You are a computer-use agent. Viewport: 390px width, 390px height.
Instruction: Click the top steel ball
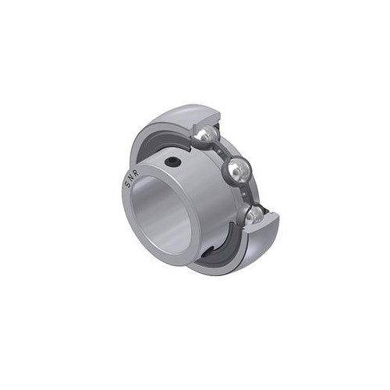click(206, 134)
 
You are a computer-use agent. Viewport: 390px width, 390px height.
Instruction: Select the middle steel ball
click(239, 170)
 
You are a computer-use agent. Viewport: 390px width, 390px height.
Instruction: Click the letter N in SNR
click(131, 178)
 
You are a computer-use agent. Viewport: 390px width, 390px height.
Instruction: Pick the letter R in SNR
click(136, 173)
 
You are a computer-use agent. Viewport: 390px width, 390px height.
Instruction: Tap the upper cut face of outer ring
click(206, 119)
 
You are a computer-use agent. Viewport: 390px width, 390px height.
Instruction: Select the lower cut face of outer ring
click(263, 223)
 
